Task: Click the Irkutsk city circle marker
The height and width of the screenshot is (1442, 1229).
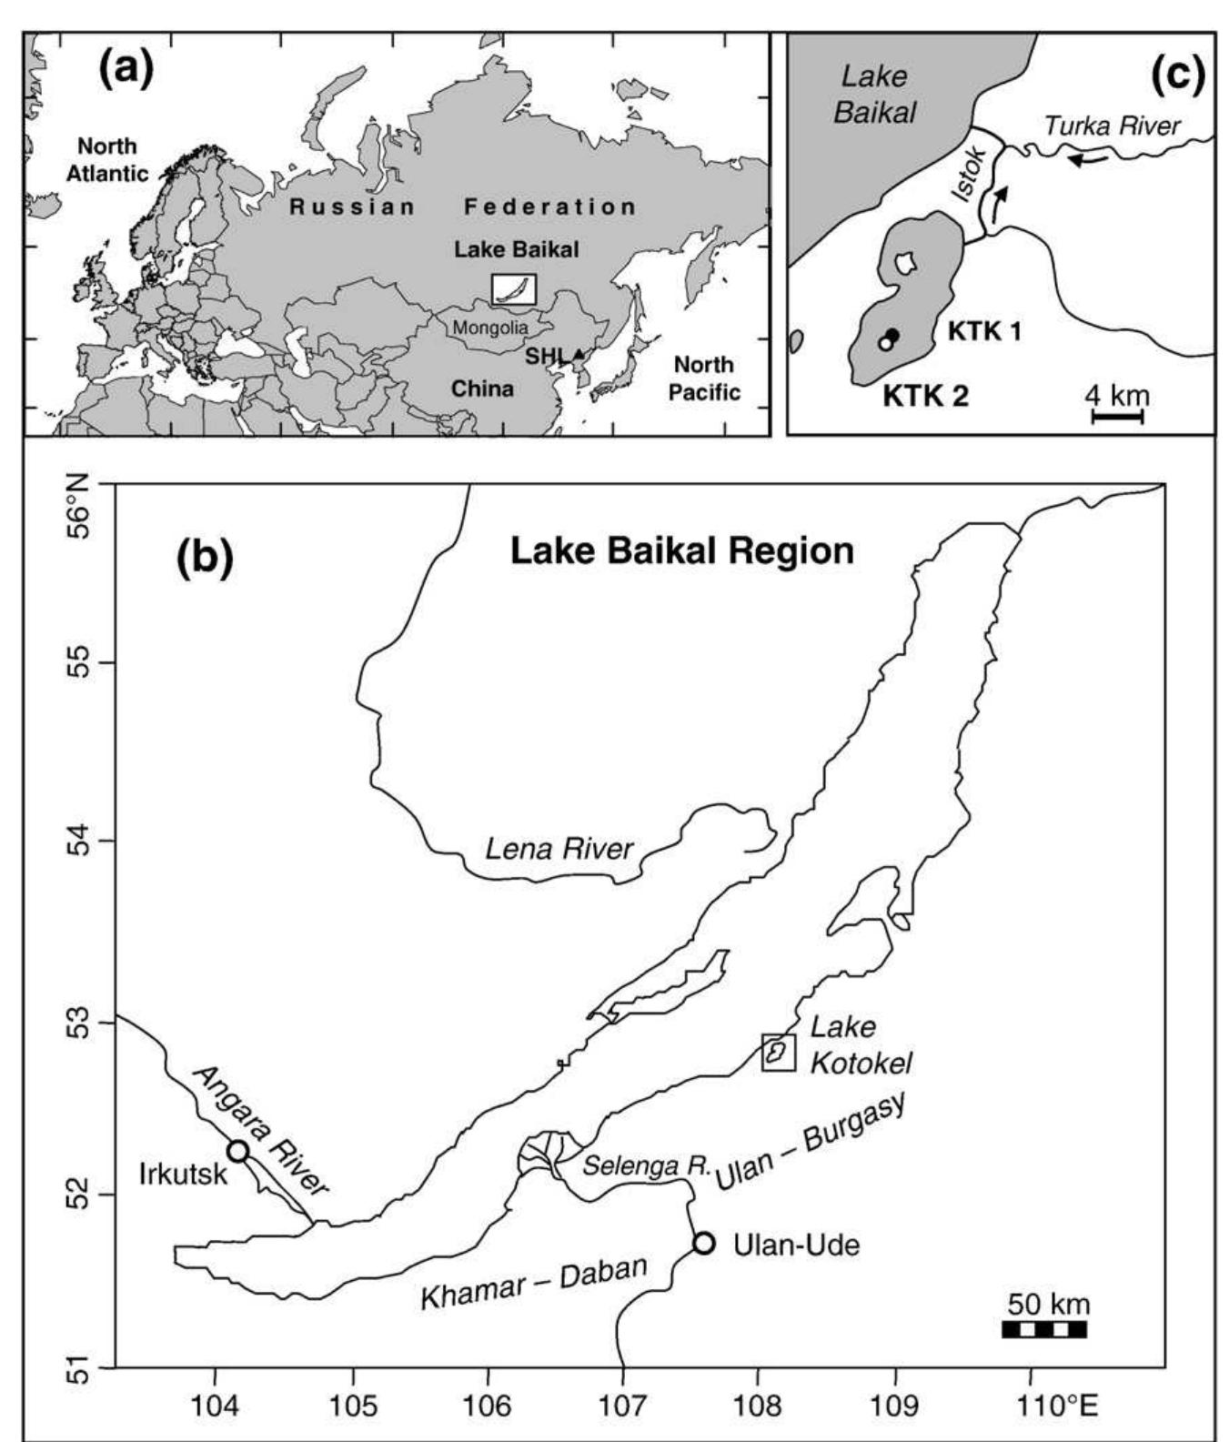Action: [238, 1150]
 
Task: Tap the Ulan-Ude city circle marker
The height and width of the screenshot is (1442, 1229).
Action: [703, 1243]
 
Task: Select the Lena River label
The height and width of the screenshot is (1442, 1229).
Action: [559, 850]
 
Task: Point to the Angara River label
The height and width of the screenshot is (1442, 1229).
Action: [261, 1129]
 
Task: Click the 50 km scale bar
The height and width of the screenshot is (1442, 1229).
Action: [1044, 1329]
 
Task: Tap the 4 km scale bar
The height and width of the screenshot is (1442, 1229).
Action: [1117, 417]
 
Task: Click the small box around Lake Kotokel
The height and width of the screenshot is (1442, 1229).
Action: [779, 1052]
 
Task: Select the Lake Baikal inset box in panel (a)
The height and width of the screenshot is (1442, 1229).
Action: [514, 289]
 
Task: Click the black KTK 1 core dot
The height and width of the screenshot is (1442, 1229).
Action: [893, 335]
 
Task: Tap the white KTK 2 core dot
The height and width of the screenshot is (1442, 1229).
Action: [884, 344]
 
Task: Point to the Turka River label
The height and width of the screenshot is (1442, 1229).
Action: [1111, 126]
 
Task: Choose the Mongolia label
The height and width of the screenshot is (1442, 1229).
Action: [490, 328]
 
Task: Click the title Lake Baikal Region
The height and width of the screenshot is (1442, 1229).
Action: [681, 551]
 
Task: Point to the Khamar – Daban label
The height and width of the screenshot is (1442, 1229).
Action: [533, 1283]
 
